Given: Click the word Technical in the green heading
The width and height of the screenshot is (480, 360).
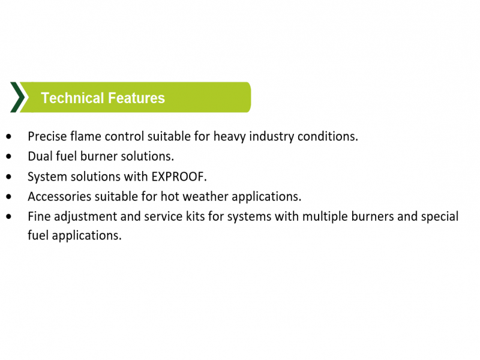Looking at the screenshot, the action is click(73, 98).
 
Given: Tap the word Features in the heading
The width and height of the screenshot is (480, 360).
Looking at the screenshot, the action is click(137, 98).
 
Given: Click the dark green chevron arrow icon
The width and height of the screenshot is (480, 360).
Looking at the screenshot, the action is click(18, 97).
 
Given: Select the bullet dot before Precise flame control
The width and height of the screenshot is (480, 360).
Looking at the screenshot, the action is click(8, 137).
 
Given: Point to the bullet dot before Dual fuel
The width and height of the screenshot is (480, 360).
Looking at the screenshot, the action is click(8, 157).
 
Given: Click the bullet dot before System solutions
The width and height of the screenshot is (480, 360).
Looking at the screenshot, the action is click(8, 176).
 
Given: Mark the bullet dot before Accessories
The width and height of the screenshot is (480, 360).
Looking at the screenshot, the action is click(8, 197).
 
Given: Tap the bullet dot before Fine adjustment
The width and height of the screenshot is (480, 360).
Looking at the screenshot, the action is click(8, 217).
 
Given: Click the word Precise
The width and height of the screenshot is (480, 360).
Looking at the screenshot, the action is click(47, 136).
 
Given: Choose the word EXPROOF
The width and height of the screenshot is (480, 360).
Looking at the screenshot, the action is click(179, 176).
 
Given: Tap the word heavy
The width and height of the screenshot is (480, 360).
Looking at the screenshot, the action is click(230, 137).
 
